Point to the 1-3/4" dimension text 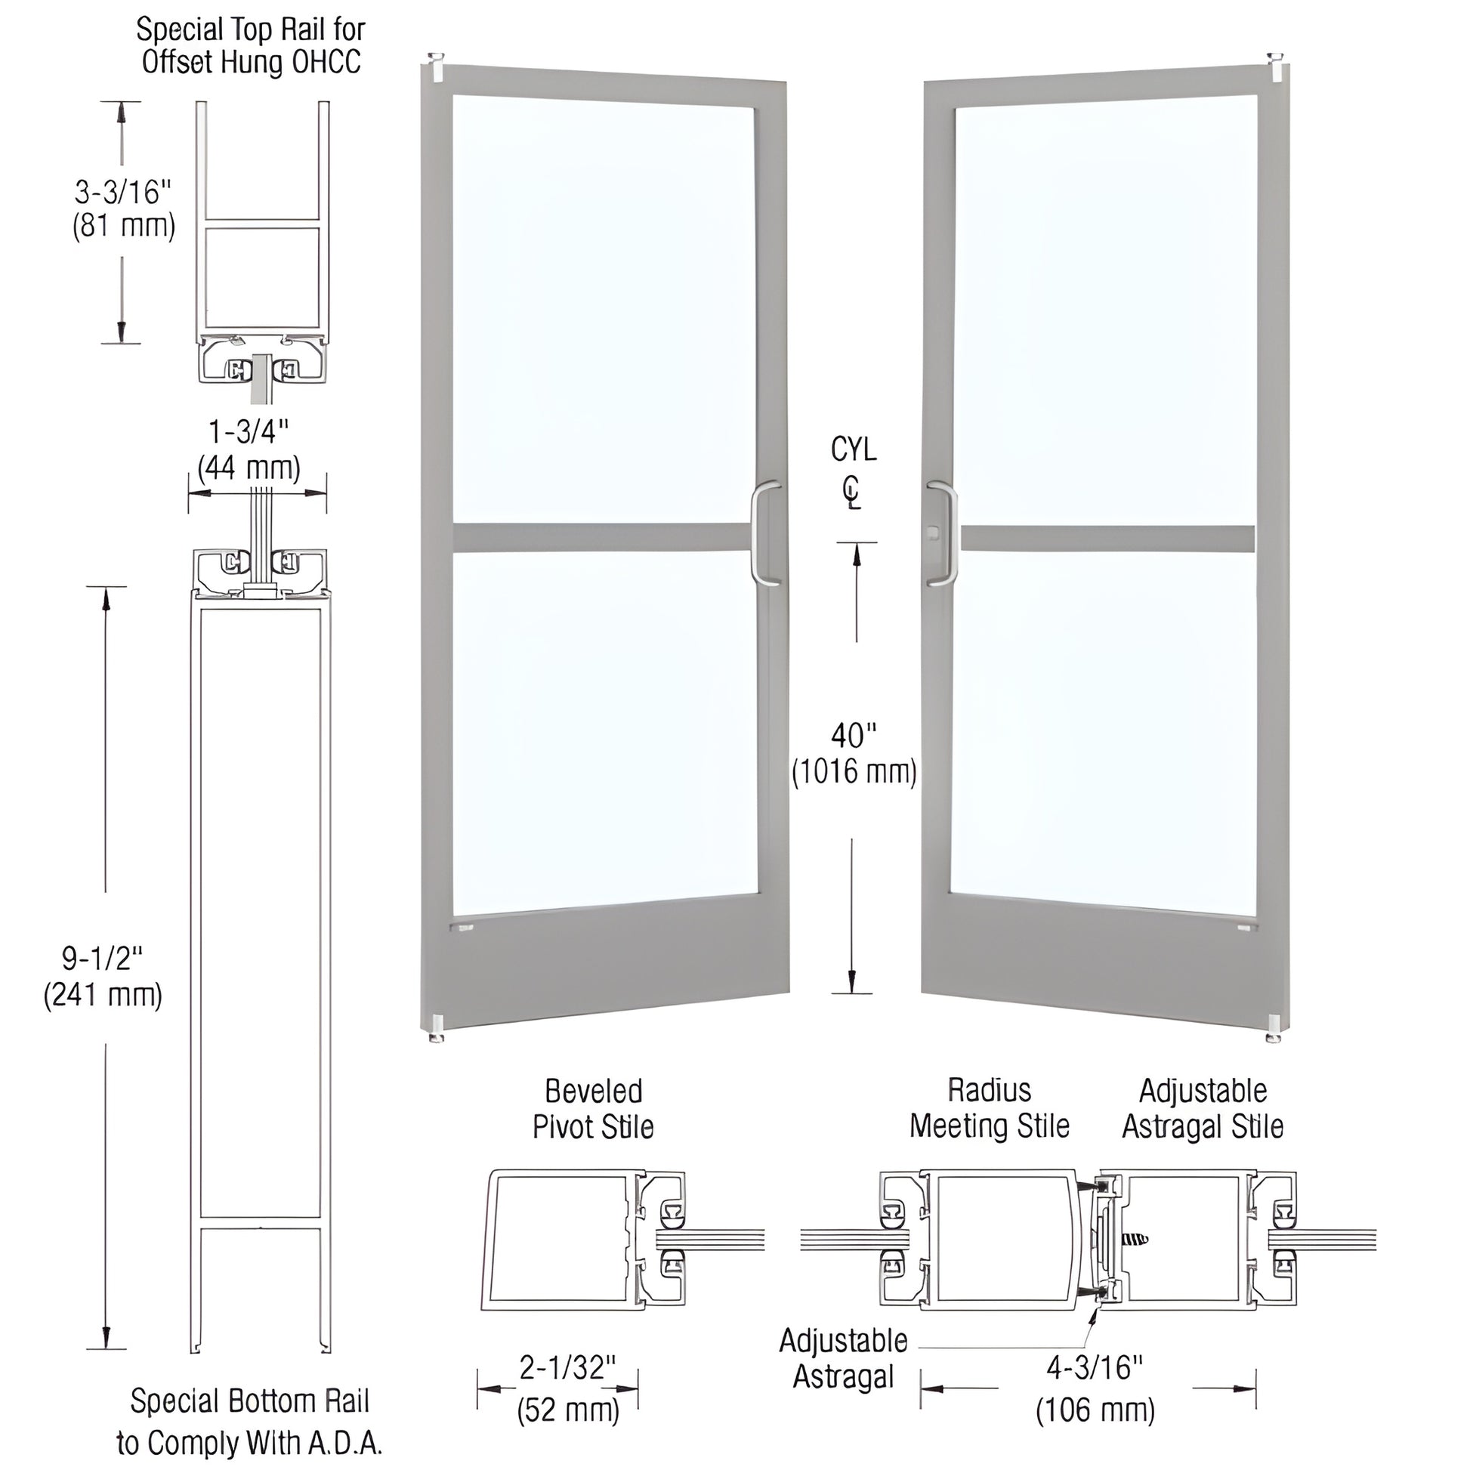pyautogui.click(x=249, y=432)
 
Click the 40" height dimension pyautogui.click(x=853, y=736)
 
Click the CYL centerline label pyautogui.click(x=853, y=450)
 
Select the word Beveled pyautogui.click(x=594, y=1092)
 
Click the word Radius pyautogui.click(x=989, y=1090)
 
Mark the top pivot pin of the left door pyautogui.click(x=437, y=60)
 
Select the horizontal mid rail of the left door pyautogui.click(x=602, y=536)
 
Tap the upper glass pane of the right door pyautogui.click(x=1105, y=304)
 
